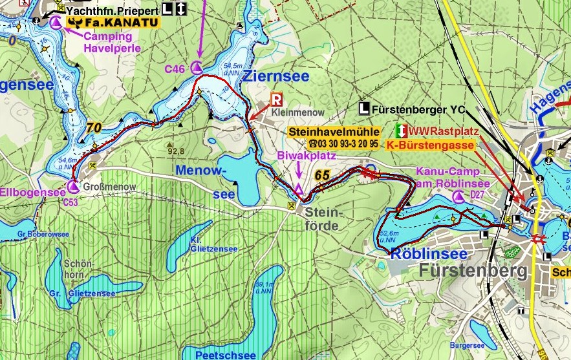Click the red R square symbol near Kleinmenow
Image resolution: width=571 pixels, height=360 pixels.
[x=276, y=100]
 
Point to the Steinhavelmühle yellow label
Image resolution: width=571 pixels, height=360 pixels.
[x=333, y=131]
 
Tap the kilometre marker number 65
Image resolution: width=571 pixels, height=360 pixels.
[x=323, y=175]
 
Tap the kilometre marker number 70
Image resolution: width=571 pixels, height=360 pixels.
[x=93, y=128]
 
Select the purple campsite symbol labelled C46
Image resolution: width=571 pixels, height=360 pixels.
[x=197, y=68]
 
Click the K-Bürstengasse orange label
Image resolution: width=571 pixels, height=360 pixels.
[x=431, y=145]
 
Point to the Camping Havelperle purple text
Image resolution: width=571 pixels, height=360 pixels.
[x=112, y=42]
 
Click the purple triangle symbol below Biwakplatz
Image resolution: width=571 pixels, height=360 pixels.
[x=298, y=189]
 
